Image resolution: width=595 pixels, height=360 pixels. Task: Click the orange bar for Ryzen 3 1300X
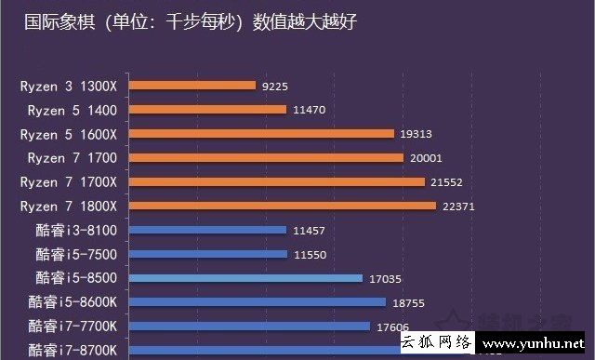(x=192, y=86)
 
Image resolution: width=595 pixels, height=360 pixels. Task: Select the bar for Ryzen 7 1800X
(x=283, y=206)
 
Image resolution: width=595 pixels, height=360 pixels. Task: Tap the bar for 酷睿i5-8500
(x=245, y=277)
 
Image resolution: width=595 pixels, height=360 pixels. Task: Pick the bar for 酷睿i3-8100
(x=207, y=230)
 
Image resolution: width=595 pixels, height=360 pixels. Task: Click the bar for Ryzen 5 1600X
(x=261, y=134)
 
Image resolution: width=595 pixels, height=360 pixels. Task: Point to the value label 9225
(x=276, y=86)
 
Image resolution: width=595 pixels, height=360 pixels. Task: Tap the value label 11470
(x=310, y=110)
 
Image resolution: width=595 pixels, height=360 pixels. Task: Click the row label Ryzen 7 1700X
(x=72, y=181)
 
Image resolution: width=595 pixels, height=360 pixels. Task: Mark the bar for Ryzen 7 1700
(x=266, y=158)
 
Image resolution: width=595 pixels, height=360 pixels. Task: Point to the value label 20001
(x=426, y=158)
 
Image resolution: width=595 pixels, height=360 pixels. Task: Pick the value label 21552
(x=448, y=182)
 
